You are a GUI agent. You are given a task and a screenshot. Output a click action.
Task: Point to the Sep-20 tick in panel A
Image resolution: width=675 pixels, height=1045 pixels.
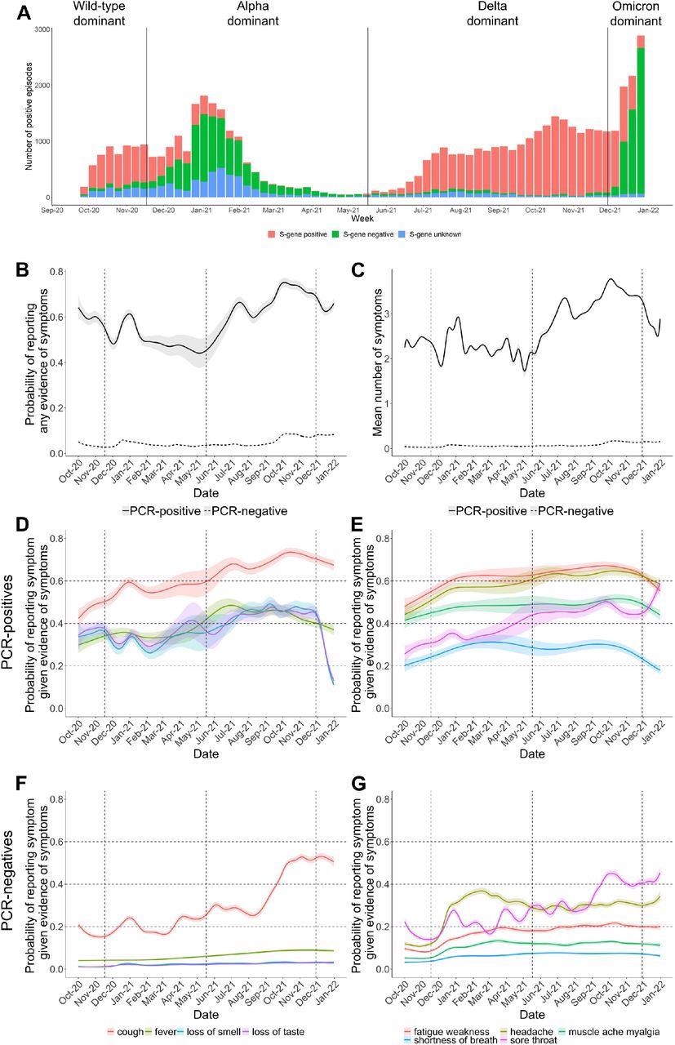coord(53,211)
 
